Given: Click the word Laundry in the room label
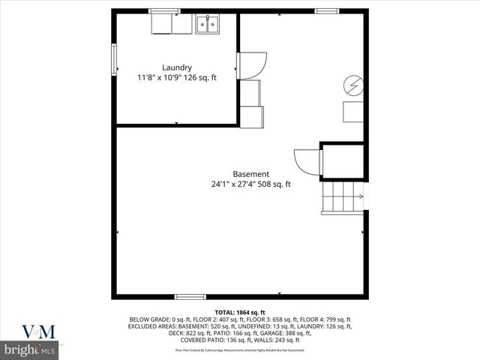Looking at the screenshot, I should [176, 67].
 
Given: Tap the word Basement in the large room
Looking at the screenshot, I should [250, 174].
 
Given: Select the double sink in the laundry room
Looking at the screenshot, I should [208, 25].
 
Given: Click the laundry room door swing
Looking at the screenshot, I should [253, 64].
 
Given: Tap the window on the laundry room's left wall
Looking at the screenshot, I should [115, 59].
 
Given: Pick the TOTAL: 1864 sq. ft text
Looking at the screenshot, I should [240, 312].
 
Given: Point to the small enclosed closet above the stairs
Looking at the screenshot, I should [343, 160].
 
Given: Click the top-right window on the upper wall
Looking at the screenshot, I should [325, 10].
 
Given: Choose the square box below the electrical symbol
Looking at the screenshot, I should [353, 112].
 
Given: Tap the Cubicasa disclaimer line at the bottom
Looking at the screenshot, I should [240, 349].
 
